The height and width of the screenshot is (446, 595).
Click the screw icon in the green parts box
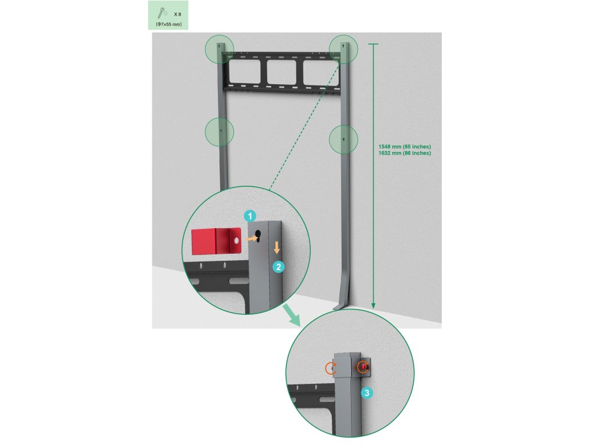coord(160,12)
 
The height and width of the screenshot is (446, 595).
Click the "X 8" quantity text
coord(176,13)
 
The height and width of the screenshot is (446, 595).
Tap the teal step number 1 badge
coord(250,215)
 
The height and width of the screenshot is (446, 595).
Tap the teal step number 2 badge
coord(279,267)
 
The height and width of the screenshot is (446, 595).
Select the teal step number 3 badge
coord(367,393)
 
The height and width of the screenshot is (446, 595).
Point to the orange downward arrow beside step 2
coord(277,247)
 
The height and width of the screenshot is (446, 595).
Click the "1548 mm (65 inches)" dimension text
coord(404,146)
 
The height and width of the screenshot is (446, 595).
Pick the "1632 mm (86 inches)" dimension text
coord(404,153)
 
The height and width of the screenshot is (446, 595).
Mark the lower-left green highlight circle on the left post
coord(220,132)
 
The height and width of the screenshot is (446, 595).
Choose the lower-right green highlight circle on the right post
coord(343,140)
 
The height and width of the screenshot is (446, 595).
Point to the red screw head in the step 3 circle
coord(364,366)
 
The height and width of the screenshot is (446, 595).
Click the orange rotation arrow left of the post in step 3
coord(331,368)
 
